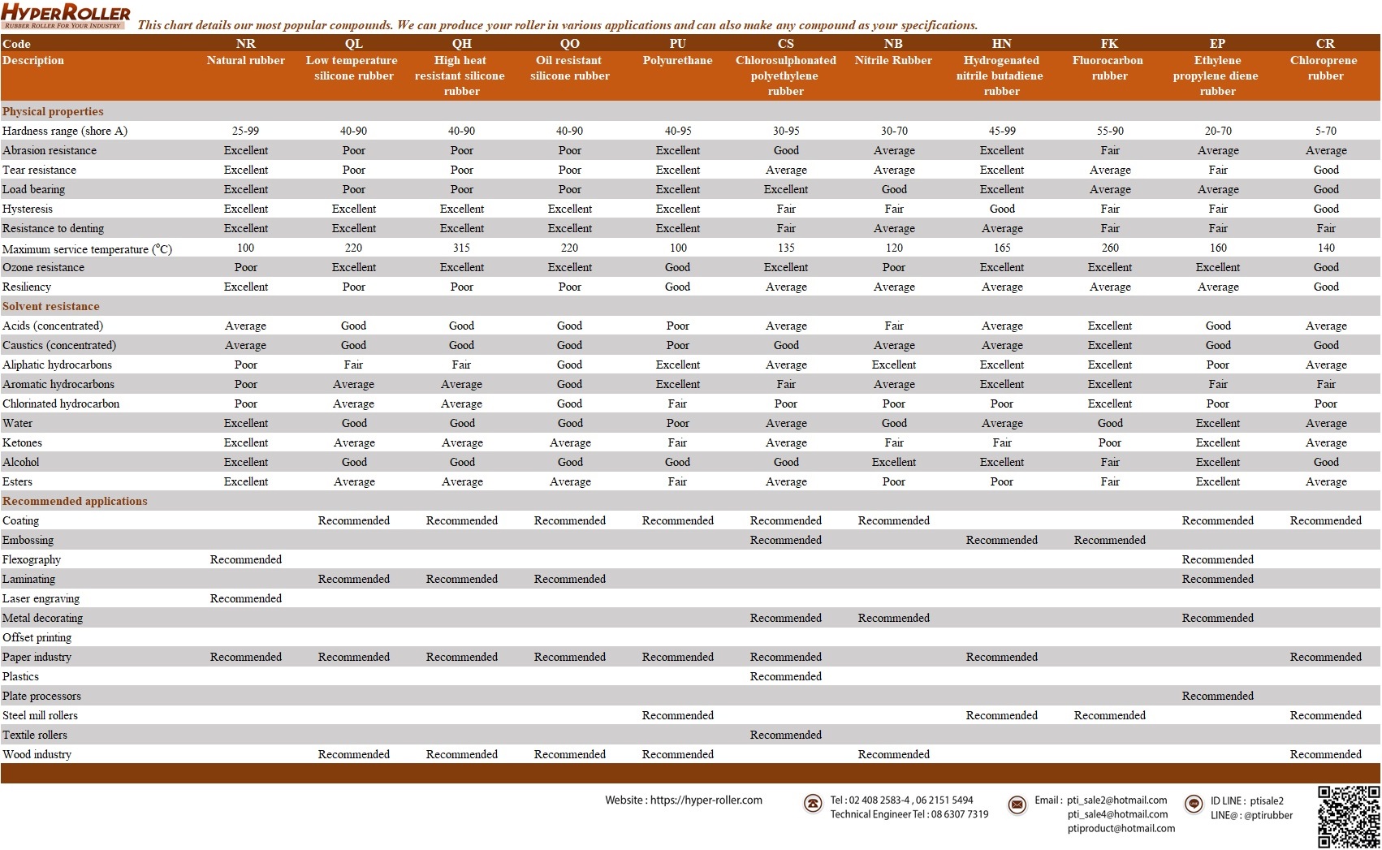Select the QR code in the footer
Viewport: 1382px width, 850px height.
1348,816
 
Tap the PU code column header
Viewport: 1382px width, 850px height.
677,44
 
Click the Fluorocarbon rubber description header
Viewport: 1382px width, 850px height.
1109,68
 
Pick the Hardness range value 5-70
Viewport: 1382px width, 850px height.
1325,131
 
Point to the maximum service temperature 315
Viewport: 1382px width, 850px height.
461,248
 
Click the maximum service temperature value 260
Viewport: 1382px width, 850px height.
1109,248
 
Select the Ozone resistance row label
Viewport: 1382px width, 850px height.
43,267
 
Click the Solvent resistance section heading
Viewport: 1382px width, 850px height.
51,306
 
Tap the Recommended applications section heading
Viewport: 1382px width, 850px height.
75,501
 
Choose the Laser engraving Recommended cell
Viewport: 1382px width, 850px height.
245,598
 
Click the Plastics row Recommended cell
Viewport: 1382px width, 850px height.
785,676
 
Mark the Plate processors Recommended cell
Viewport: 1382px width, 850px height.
1217,696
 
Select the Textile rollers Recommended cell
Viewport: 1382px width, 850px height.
785,735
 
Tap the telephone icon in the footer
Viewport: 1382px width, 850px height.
812,804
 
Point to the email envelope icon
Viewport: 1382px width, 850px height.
1017,805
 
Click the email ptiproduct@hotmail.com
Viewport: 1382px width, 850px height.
1121,828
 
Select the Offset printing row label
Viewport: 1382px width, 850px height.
37,637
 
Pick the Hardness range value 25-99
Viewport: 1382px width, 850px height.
245,131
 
